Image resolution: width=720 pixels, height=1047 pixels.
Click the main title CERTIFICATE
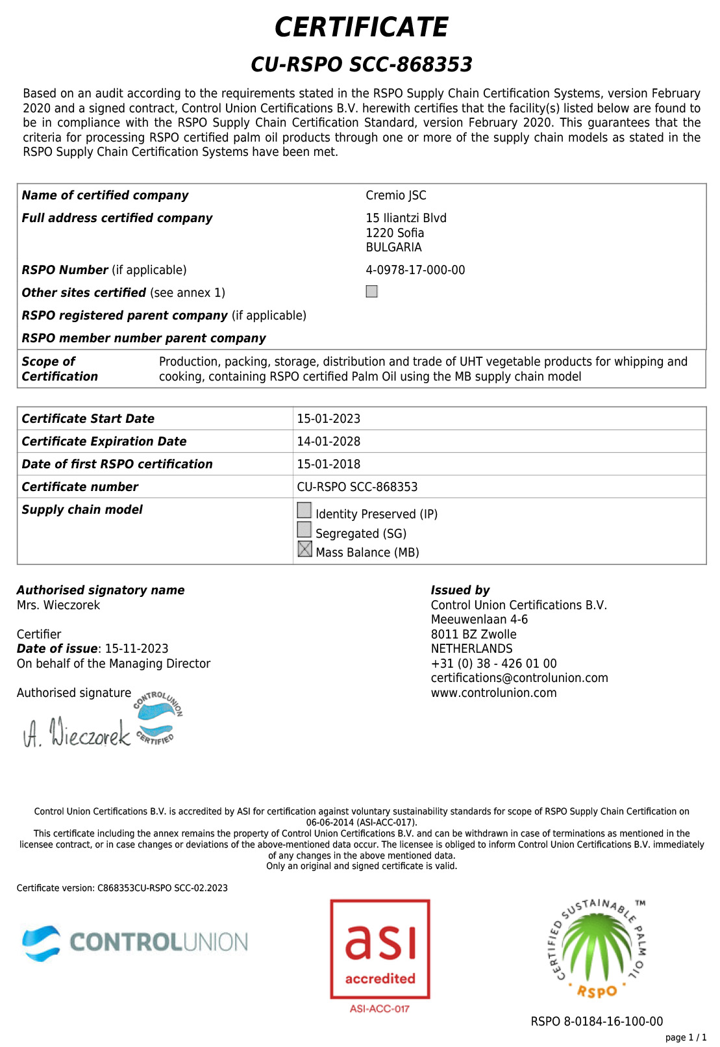tap(361, 27)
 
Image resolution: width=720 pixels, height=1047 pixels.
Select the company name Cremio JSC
tap(396, 196)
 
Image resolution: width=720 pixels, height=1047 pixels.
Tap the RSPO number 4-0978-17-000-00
tap(415, 270)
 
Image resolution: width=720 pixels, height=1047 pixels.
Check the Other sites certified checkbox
tap(371, 292)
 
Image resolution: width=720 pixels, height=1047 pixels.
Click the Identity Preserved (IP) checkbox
tap(304, 511)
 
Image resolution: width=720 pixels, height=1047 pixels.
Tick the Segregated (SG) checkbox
tap(304, 530)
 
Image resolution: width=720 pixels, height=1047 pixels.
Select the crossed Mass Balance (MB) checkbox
tap(304, 549)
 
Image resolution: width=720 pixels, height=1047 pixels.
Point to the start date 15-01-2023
tap(329, 419)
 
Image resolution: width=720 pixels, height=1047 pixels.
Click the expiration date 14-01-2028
tap(329, 442)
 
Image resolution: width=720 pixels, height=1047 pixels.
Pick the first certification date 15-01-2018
tap(329, 464)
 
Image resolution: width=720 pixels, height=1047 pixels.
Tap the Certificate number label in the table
tap(80, 487)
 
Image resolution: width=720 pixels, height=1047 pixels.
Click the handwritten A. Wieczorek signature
tap(77, 733)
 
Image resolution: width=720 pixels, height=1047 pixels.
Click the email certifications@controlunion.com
tap(519, 678)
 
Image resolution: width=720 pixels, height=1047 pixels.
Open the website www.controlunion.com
tap(493, 693)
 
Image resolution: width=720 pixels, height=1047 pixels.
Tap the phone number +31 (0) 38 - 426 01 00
tap(493, 664)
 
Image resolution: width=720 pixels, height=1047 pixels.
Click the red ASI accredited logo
tap(380, 949)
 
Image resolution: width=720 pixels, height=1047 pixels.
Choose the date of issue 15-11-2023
tap(136, 649)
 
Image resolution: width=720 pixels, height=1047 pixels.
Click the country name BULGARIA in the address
tap(393, 247)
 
